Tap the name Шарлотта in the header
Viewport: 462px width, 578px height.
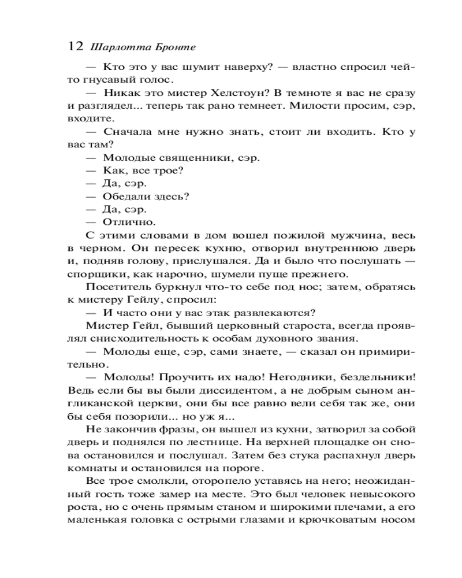click(x=114, y=47)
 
